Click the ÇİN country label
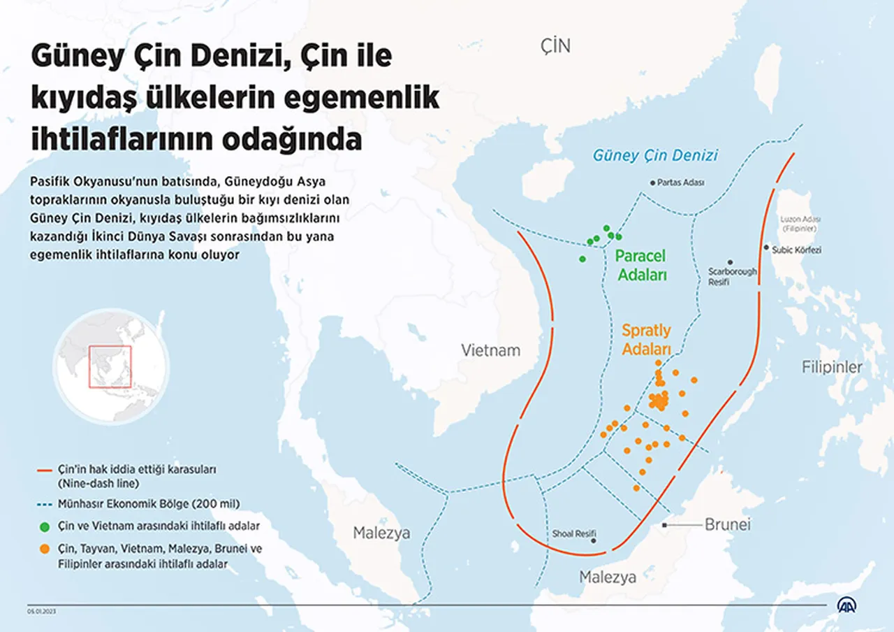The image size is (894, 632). tap(555, 47)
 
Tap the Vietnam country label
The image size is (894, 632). tap(490, 350)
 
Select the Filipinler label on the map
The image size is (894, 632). tap(831, 367)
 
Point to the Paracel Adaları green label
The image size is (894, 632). tap(640, 266)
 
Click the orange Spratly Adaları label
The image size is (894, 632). tap(646, 339)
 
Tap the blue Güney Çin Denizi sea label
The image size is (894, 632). tap(655, 155)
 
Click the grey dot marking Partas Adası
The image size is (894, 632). tap(653, 182)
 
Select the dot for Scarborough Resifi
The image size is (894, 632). tap(731, 262)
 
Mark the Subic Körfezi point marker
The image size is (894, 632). tap(766, 247)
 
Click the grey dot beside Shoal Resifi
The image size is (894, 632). tap(594, 540)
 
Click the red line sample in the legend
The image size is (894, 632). tap(45, 471)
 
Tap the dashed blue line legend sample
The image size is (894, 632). tap(45, 503)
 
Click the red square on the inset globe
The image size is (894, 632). tap(110, 366)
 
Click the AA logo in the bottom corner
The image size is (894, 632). tap(848, 605)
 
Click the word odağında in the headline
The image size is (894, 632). tap(292, 138)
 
